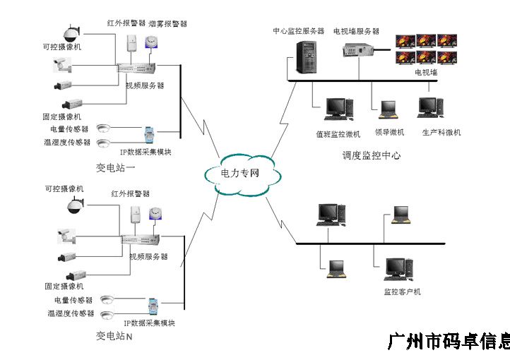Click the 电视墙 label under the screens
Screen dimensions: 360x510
[x=426, y=72]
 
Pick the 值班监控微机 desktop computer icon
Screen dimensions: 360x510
[x=336, y=107]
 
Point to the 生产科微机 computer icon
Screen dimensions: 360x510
[x=429, y=107]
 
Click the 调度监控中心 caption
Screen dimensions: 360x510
[x=372, y=155]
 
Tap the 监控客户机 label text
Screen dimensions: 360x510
[x=402, y=292]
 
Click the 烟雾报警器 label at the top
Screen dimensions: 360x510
[x=167, y=24]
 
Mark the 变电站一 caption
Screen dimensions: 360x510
[x=115, y=167]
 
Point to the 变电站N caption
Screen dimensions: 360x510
[x=114, y=336]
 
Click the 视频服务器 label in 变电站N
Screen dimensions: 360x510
[x=148, y=256]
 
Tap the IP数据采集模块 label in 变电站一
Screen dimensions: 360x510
[x=145, y=152]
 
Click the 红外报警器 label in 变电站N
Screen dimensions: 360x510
[x=130, y=193]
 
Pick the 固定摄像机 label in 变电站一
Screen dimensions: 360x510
[x=62, y=116]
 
